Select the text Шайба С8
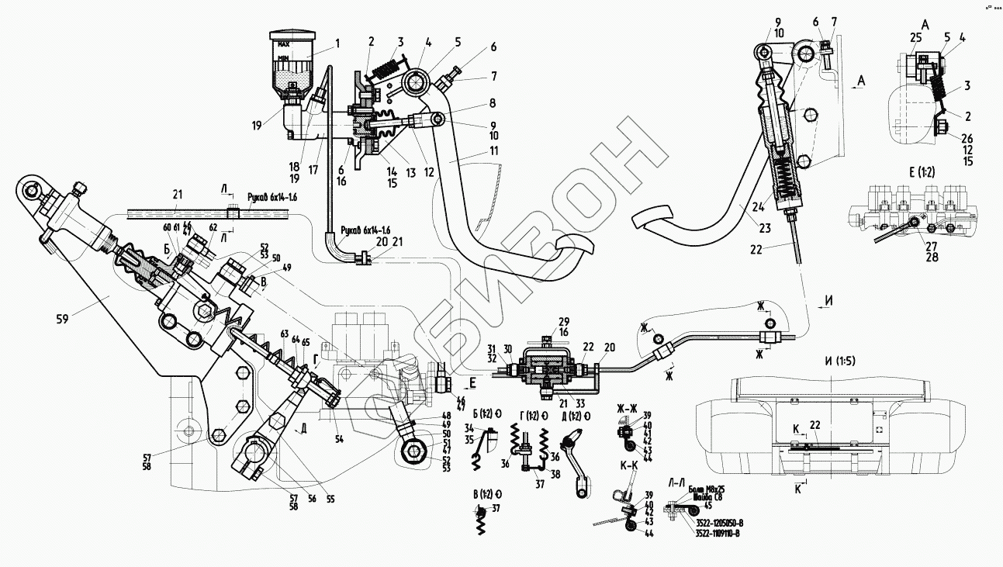705,498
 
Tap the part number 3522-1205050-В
718,523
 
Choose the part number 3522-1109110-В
718,532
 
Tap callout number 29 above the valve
564,321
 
